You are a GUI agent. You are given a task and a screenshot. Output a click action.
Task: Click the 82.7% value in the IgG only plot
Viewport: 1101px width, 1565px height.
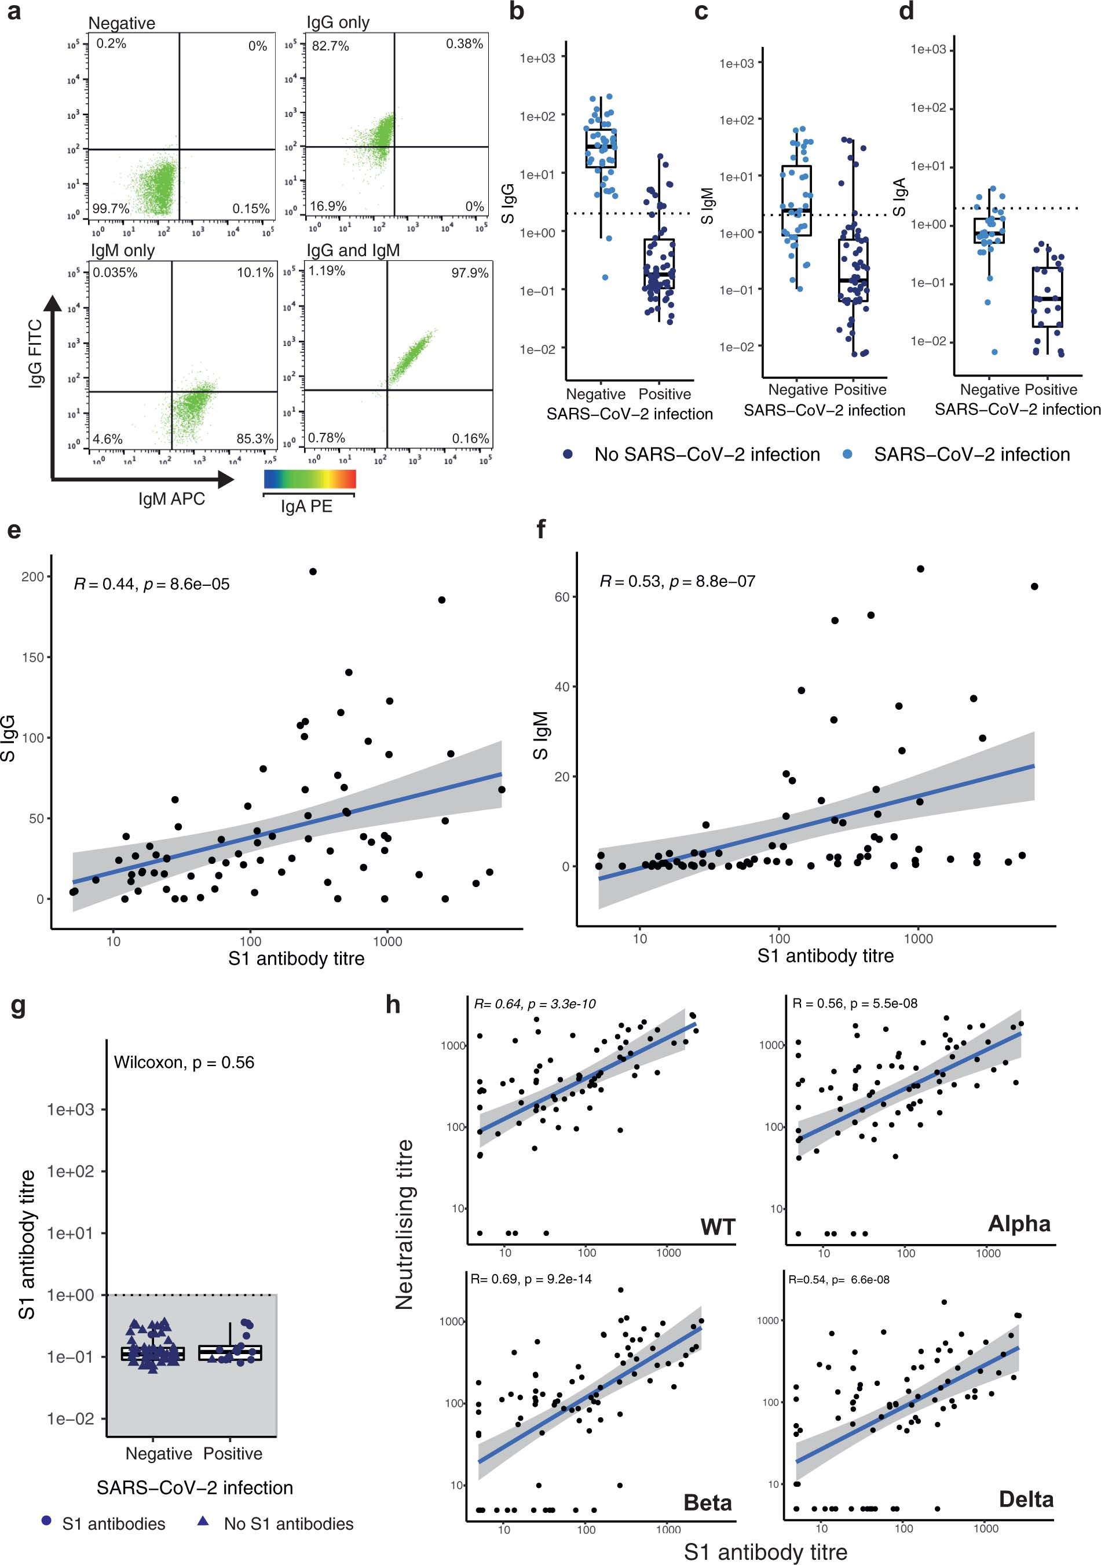click(331, 46)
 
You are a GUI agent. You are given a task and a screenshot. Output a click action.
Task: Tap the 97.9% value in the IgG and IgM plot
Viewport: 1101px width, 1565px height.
click(470, 273)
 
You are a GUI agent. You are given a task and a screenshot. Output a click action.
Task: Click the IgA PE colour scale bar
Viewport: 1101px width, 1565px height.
click(310, 479)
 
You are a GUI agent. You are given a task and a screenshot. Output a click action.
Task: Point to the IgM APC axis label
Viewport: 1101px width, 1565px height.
click(171, 499)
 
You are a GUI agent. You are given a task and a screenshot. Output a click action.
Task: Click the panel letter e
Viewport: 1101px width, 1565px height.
click(14, 530)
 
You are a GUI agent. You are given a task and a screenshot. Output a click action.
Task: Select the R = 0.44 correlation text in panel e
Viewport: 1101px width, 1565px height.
click(152, 584)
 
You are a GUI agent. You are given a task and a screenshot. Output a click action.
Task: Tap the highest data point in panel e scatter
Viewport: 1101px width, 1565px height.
click(313, 571)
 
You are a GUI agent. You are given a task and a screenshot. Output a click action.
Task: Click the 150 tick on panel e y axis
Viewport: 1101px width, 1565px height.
click(32, 657)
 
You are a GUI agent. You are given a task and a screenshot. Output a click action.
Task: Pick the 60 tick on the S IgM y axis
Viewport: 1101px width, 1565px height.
click(561, 597)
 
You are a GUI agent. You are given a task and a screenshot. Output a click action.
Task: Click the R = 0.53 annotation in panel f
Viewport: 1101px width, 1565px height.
click(677, 581)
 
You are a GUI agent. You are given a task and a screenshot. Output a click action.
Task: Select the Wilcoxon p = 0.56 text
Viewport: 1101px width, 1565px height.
click(184, 1062)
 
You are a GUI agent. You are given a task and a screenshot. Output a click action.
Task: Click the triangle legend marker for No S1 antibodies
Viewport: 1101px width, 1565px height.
click(202, 1521)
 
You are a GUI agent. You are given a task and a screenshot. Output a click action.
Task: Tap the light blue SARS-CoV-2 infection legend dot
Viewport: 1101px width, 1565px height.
click(847, 454)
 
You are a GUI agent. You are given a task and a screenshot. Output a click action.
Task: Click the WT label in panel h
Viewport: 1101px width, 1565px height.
click(718, 1227)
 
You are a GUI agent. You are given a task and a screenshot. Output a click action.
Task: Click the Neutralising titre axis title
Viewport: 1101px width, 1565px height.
click(404, 1224)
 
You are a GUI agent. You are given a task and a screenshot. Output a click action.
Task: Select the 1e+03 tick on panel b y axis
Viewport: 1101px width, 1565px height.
click(537, 59)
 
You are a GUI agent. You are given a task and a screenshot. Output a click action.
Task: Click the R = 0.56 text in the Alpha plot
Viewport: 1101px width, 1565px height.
click(854, 1004)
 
